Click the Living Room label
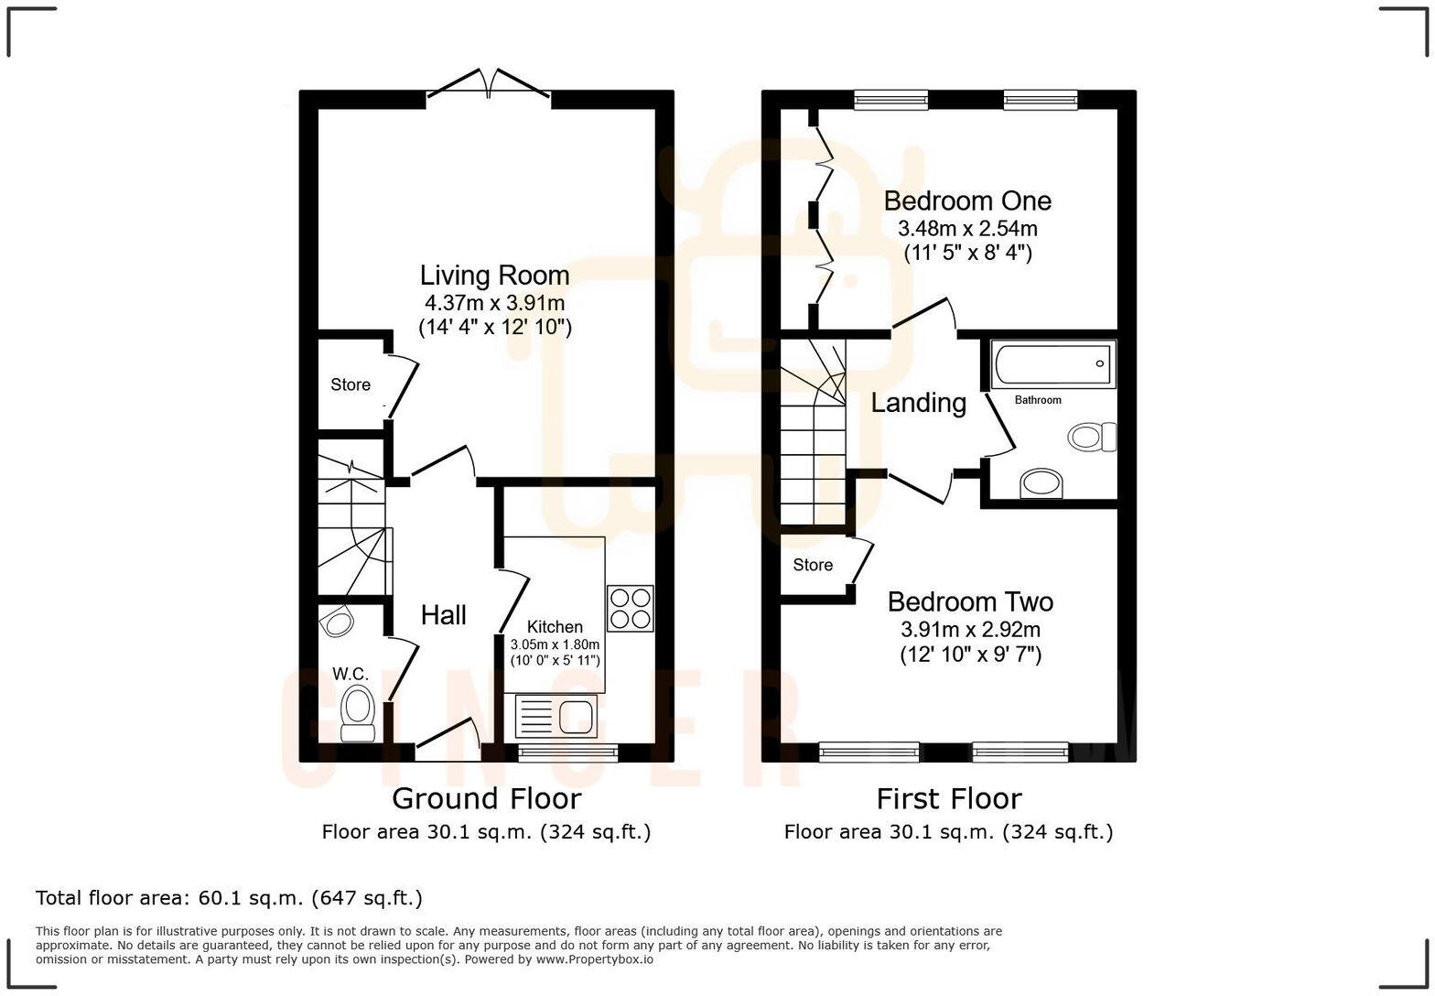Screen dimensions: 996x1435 pyautogui.click(x=494, y=275)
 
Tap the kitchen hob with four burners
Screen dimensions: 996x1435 pyautogui.click(x=631, y=608)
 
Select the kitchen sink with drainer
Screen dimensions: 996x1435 pyautogui.click(x=556, y=715)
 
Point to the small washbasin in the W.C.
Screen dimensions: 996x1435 pyautogui.click(x=338, y=622)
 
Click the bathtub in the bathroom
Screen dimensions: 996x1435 pyautogui.click(x=1052, y=363)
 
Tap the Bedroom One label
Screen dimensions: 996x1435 pyautogui.click(x=967, y=200)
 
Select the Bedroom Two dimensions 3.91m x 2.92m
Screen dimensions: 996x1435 pyautogui.click(x=970, y=630)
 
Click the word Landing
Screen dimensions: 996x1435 pyautogui.click(x=918, y=403)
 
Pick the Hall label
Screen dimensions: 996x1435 pyautogui.click(x=444, y=615)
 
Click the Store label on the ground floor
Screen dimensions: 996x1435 pyautogui.click(x=351, y=384)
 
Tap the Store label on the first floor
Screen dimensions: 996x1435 pyautogui.click(x=813, y=565)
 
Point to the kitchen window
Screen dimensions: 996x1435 pyautogui.click(x=567, y=752)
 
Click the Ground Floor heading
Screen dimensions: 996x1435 pyautogui.click(x=486, y=798)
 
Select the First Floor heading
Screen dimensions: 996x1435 pyautogui.click(x=948, y=798)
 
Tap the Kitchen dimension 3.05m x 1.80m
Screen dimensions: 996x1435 pyautogui.click(x=555, y=644)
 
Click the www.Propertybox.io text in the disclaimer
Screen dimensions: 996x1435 pyautogui.click(x=594, y=959)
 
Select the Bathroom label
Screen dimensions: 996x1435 pyautogui.click(x=1038, y=400)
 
